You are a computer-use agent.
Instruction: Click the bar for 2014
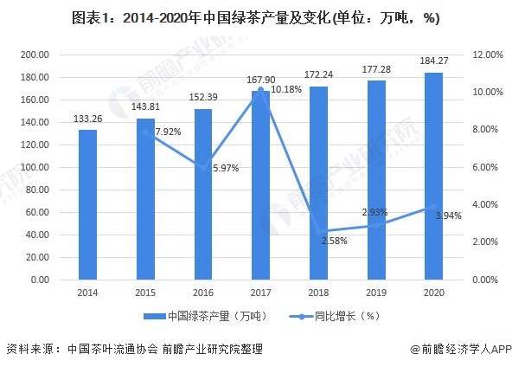87,205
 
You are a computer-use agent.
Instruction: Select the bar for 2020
433,177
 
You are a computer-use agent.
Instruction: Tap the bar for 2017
260,185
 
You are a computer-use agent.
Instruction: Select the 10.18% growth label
288,89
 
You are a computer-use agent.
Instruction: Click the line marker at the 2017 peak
260,89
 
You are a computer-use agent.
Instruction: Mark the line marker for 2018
318,232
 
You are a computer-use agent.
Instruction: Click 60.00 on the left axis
37,212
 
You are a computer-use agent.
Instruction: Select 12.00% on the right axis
486,55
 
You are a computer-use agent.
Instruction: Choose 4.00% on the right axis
486,205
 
